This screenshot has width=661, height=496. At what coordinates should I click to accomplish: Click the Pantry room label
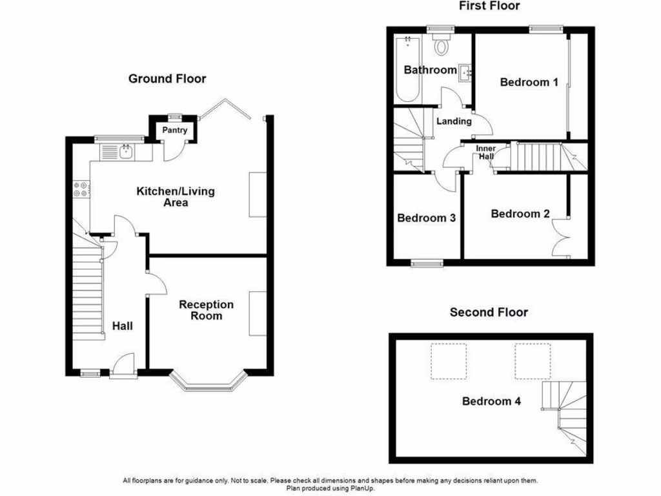[174, 130]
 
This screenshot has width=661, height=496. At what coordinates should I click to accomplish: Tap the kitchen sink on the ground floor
[125, 152]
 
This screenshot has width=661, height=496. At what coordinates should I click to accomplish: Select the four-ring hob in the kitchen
[82, 188]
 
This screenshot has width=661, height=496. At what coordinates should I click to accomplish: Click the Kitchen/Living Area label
[175, 197]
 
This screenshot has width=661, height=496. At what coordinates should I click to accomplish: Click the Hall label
[123, 326]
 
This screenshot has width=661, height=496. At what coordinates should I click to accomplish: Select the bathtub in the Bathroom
[407, 69]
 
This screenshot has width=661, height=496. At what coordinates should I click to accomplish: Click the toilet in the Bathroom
[443, 45]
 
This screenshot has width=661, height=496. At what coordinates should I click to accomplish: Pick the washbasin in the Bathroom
[466, 72]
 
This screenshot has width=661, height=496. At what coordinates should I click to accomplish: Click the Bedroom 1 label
[529, 82]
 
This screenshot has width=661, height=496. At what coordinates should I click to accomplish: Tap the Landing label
[454, 121]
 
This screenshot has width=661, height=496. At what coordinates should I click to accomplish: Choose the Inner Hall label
[485, 152]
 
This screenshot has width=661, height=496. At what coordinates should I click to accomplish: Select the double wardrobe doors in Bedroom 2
[562, 237]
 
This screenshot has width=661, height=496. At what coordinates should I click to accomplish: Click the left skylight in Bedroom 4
[448, 360]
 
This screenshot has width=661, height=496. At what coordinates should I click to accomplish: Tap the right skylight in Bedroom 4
[533, 360]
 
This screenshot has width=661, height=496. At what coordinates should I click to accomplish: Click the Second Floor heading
[489, 313]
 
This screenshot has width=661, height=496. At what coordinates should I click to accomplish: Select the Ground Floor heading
[167, 79]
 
